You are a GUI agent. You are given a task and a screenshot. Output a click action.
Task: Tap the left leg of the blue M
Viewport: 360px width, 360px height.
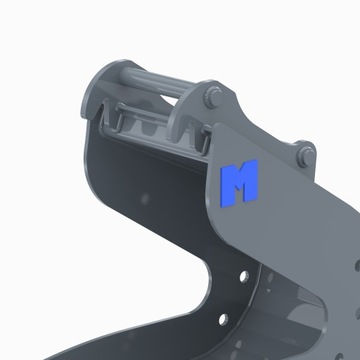[226, 184]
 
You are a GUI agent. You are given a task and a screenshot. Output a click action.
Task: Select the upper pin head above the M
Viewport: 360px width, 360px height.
[213, 98]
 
